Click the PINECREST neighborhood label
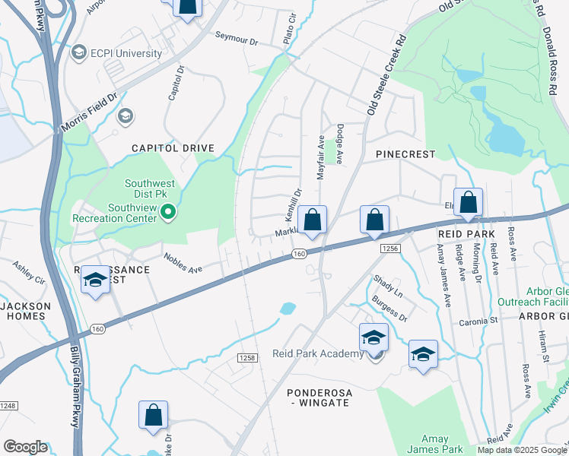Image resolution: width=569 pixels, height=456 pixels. coord(405,154)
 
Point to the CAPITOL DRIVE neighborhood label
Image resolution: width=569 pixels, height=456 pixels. coord(173,148)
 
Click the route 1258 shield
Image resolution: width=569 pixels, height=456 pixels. coord(246,357)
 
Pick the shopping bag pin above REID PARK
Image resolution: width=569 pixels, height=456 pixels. coord(469,203)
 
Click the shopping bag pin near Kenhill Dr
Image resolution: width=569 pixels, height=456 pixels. coord(312,220)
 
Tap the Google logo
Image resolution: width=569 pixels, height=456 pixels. coord(25,447)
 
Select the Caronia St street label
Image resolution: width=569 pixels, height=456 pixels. coord(478,321)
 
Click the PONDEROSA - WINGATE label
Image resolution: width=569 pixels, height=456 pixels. coord(329,397)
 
